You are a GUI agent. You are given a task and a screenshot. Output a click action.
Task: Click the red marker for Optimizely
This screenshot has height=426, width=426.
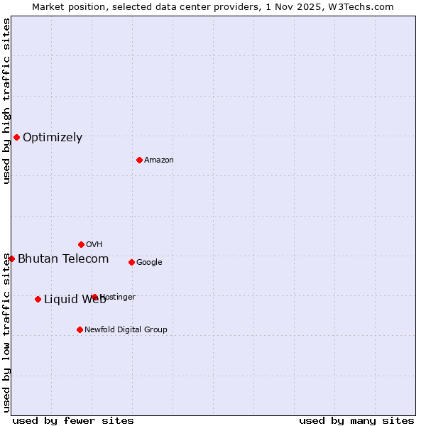[x=16, y=137]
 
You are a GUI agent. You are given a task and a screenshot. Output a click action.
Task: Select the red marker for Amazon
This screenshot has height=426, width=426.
[x=139, y=160]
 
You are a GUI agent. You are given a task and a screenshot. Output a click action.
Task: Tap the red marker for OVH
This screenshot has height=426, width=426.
[x=81, y=244]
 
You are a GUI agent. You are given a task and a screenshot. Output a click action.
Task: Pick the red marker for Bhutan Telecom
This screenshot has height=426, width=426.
[x=11, y=258]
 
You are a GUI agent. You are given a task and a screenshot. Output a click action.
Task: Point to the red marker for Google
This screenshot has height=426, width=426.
[x=131, y=262]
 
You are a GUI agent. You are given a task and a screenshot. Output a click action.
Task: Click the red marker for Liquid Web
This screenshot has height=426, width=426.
[x=38, y=299]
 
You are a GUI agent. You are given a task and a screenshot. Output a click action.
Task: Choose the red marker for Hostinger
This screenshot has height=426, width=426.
[x=94, y=297]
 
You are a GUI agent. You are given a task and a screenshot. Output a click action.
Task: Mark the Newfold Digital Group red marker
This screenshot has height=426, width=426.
[x=80, y=329]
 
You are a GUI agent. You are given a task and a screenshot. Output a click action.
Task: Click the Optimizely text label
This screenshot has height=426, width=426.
[x=53, y=138]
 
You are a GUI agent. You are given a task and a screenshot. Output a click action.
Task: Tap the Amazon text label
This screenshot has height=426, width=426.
[x=159, y=160]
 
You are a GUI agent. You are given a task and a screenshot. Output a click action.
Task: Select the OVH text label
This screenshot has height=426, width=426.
[x=94, y=245]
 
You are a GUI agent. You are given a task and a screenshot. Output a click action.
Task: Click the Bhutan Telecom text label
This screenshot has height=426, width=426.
[x=63, y=259]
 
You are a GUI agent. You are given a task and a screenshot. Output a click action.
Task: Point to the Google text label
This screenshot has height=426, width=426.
[x=149, y=263]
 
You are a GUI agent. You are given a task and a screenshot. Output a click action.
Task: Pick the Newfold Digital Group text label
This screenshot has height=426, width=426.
[x=126, y=330]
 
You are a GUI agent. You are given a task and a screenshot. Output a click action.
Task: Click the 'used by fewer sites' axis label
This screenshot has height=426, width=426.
[x=73, y=421]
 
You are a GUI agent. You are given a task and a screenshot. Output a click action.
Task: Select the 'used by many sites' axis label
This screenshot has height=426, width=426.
[x=356, y=421]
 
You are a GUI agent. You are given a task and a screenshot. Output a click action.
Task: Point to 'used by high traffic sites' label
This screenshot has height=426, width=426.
[x=6, y=102]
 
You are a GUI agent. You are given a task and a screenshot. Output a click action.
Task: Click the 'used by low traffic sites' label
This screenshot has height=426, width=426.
[x=6, y=332]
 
